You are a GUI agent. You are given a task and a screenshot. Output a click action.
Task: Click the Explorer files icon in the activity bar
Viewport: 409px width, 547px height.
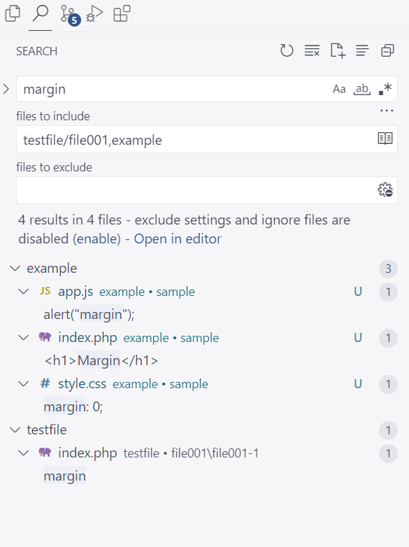click(13, 14)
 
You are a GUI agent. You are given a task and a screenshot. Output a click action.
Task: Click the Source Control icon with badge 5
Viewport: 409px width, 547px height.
click(70, 15)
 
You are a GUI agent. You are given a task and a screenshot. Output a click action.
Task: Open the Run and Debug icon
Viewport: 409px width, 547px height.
click(94, 14)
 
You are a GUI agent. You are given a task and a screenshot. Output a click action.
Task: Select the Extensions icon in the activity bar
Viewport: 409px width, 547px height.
click(122, 14)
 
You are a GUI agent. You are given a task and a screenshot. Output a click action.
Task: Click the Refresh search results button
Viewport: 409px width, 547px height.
click(287, 50)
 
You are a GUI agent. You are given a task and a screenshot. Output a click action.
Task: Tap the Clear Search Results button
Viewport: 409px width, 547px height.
click(312, 50)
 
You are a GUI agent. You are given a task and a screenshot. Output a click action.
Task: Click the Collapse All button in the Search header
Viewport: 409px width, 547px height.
click(387, 50)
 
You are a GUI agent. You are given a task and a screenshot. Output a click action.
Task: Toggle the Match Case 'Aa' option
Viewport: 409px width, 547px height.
click(339, 90)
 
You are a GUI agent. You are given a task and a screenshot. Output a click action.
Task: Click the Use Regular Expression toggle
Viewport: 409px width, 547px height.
click(385, 89)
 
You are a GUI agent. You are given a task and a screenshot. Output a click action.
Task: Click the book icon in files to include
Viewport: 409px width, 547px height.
click(385, 138)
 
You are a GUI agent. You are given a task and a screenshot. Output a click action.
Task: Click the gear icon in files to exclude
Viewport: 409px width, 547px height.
click(385, 190)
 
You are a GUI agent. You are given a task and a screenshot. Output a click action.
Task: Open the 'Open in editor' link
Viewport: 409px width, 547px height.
click(178, 239)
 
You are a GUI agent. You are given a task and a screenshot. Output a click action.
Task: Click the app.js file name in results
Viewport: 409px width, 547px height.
click(76, 292)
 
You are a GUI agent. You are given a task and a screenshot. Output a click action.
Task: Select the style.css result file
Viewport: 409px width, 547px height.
click(82, 384)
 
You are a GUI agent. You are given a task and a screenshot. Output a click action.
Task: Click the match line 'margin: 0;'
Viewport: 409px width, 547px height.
click(73, 407)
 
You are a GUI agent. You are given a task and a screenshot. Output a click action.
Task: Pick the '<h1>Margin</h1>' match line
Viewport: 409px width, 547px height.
click(101, 360)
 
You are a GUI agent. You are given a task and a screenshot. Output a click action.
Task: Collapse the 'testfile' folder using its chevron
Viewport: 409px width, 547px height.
click(15, 429)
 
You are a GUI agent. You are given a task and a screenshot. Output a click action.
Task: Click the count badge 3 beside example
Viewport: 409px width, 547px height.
click(388, 269)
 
